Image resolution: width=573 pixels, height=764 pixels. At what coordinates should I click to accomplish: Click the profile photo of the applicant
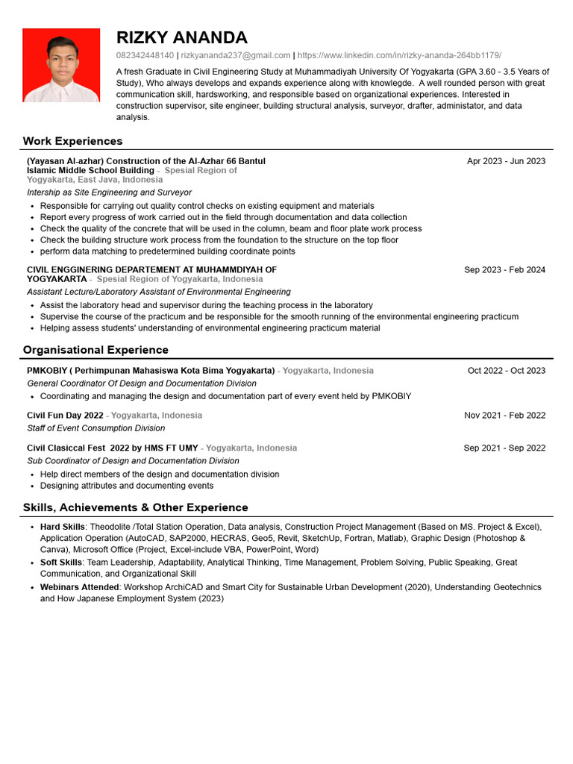[61, 66]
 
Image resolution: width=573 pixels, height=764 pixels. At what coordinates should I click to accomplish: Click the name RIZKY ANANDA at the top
[182, 38]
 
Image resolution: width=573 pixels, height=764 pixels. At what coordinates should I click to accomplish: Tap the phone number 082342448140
[145, 55]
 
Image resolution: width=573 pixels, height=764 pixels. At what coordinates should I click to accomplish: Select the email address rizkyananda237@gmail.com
[235, 55]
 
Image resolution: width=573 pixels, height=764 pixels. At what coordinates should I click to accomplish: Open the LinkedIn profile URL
[399, 55]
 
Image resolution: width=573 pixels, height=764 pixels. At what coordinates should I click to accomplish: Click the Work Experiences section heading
[72, 141]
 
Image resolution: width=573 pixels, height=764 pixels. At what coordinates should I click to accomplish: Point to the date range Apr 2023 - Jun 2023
[506, 161]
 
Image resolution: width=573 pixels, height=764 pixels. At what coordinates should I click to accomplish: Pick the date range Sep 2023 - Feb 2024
[504, 270]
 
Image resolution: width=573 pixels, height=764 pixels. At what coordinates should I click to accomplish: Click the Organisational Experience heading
[95, 350]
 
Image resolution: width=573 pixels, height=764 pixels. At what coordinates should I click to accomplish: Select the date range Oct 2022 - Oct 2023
[507, 371]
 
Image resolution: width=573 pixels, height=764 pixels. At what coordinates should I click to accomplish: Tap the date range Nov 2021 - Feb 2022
[504, 416]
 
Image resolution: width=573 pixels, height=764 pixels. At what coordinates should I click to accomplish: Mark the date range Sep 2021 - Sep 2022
[504, 448]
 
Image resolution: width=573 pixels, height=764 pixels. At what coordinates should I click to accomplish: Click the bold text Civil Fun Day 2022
[65, 416]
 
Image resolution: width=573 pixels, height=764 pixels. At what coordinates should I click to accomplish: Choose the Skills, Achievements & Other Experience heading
[135, 507]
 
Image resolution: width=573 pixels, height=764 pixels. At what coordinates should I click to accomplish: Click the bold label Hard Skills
[62, 527]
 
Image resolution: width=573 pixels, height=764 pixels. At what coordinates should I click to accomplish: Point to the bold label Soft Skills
[61, 563]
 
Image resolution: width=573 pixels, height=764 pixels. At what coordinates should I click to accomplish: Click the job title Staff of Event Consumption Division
[95, 428]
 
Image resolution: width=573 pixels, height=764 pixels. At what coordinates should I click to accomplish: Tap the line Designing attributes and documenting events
[126, 486]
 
